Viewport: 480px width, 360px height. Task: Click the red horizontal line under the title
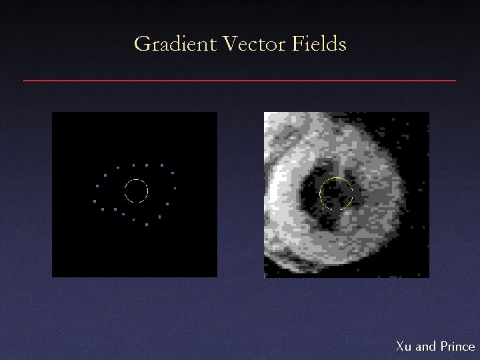click(240, 80)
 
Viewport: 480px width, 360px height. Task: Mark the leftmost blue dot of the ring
click(95, 201)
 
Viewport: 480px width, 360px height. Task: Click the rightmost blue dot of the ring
click(175, 188)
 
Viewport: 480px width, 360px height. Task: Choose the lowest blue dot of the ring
click(146, 224)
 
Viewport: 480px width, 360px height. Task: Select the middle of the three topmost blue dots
click(147, 165)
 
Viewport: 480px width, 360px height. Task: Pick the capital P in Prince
click(443, 346)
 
